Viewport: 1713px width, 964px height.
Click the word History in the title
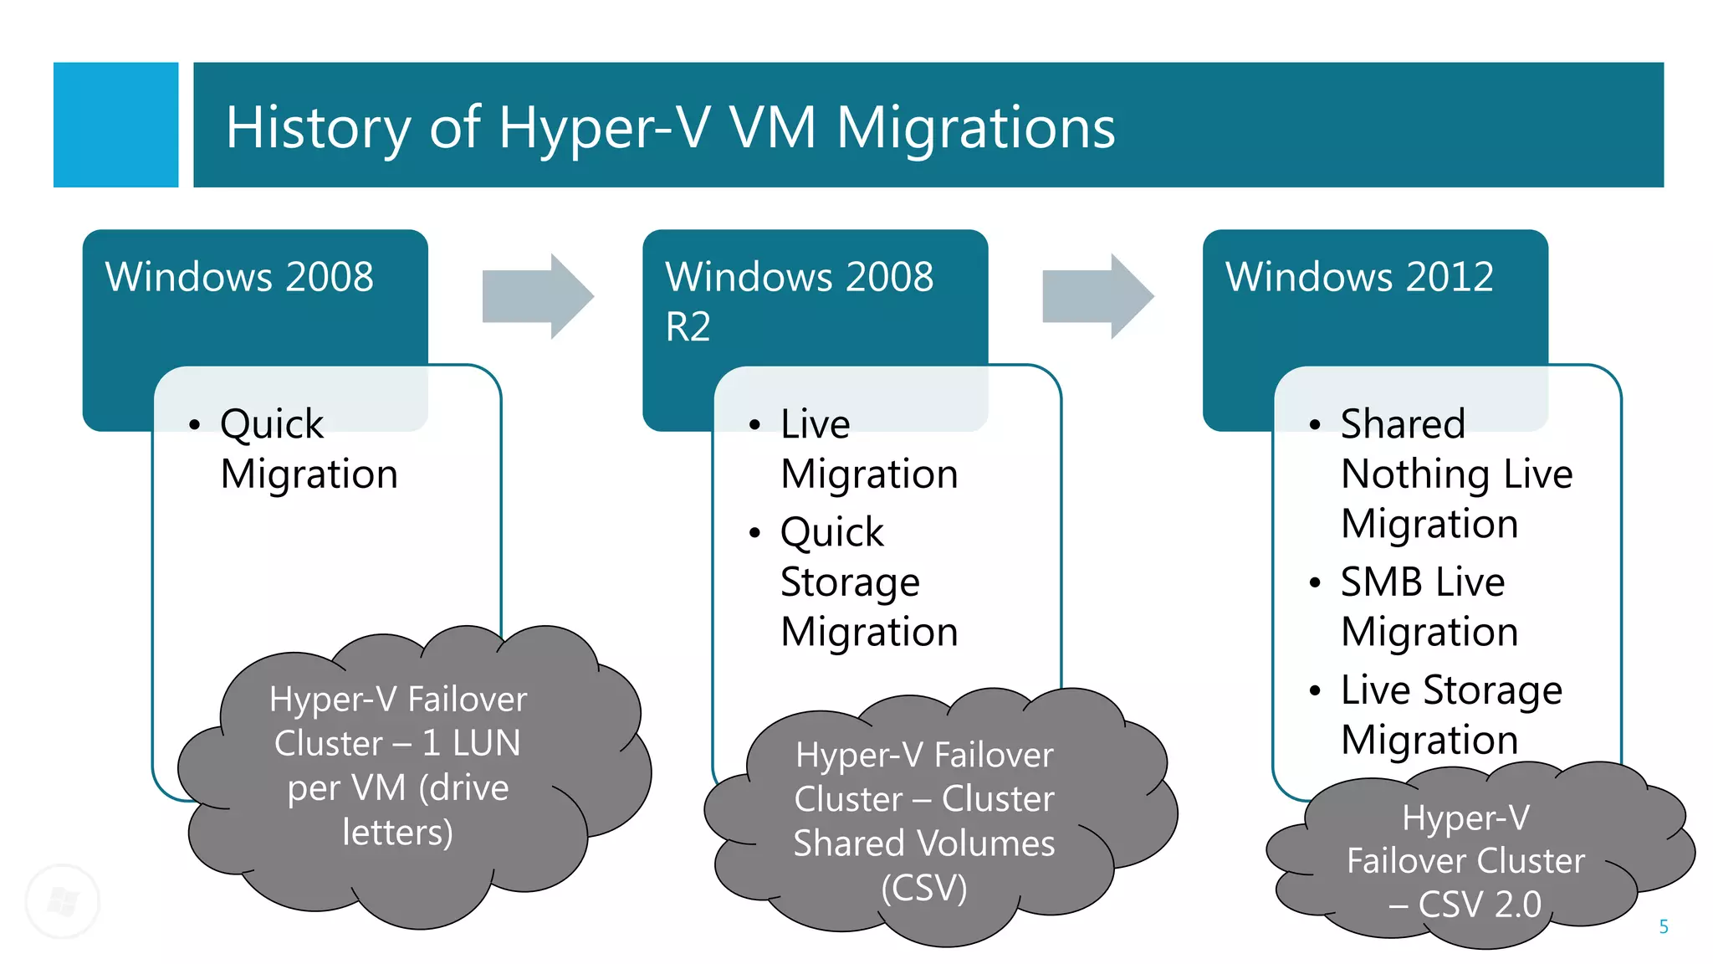pos(318,127)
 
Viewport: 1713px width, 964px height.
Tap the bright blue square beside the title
pos(115,125)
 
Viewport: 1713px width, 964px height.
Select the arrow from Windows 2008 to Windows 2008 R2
pos(538,296)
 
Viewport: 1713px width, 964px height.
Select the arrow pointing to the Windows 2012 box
pos(1097,296)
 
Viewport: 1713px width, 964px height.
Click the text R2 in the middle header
pos(688,326)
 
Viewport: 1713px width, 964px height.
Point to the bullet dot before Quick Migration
pos(195,425)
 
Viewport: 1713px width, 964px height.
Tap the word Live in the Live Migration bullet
pos(815,424)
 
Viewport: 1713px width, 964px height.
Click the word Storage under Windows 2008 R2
pos(850,582)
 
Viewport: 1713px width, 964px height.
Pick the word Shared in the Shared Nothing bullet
pos(1403,424)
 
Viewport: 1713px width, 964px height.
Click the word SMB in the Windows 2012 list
pos(1381,582)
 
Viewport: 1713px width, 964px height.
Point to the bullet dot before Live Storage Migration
pos(1315,691)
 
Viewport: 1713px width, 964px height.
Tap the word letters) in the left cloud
pos(398,832)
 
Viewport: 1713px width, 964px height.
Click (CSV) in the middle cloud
pos(923,888)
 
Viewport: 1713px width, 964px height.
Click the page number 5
pos(1663,926)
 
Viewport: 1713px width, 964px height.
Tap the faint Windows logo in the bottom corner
pos(63,901)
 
